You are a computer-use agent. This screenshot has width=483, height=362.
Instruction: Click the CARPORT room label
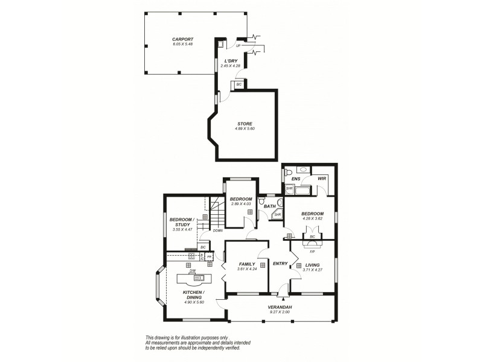coord(183,39)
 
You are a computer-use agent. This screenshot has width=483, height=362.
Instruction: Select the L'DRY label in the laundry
coord(231,60)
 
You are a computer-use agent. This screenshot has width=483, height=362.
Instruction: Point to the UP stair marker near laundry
coord(238,45)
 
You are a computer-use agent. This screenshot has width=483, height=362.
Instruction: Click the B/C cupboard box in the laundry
coord(239,84)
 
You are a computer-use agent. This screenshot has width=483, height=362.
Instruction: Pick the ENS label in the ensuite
coord(296,179)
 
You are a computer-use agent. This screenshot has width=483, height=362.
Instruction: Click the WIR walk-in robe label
coord(322,179)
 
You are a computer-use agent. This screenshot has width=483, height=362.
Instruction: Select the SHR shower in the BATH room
coord(278,214)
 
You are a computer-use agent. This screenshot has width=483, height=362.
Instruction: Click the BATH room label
coord(270,207)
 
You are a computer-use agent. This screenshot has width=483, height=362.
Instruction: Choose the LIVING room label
coord(312,265)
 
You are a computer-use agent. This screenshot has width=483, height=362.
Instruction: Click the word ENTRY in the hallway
coord(280,264)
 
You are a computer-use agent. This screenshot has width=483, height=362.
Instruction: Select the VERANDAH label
coord(280,308)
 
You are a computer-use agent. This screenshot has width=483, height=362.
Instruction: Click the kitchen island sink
coord(199,278)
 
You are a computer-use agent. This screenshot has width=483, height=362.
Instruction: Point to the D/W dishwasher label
coord(192,271)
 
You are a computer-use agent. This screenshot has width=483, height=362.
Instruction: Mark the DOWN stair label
coord(217,230)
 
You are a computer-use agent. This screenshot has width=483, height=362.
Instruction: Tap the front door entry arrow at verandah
coord(281,298)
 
